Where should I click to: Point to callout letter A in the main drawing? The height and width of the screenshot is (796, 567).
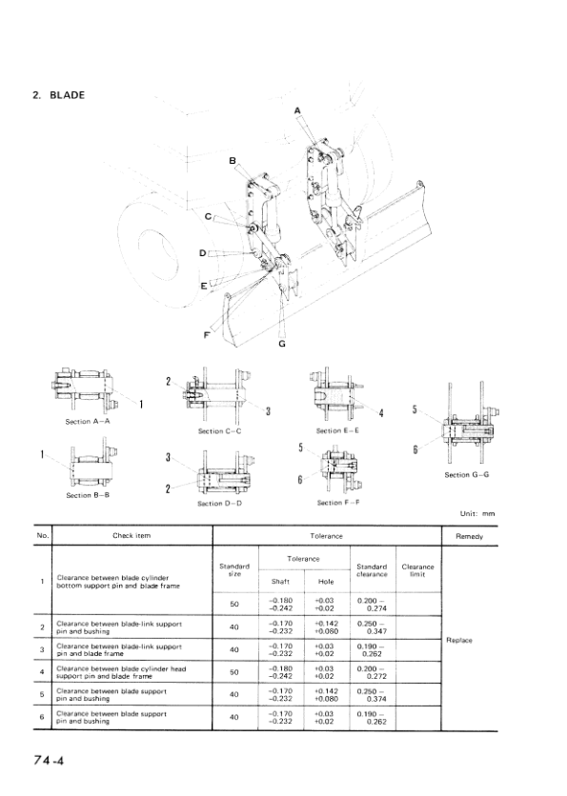tap(297, 111)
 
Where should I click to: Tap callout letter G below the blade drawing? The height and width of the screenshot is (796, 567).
tap(282, 344)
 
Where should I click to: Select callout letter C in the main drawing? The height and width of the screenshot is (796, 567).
tap(207, 217)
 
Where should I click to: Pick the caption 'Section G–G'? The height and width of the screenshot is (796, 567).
tap(468, 474)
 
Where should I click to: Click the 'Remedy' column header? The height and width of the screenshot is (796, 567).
tap(469, 536)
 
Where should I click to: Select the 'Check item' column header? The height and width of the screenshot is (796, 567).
tap(132, 536)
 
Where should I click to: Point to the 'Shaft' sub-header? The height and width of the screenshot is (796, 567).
tap(280, 580)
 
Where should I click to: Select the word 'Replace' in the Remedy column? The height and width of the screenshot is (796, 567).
tap(458, 640)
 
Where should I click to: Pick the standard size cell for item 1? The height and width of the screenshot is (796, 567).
tap(234, 604)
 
